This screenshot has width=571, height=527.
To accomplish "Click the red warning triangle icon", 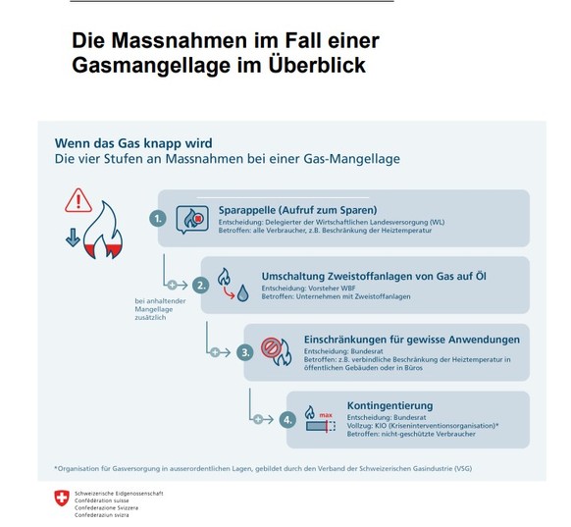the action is [x=78, y=200].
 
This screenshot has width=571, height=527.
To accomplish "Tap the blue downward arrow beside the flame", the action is [x=73, y=237].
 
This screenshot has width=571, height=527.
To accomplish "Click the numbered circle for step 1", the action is [x=158, y=219].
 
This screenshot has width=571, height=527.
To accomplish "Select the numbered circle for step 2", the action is [x=201, y=286].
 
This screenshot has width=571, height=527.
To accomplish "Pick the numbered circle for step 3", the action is [x=245, y=352].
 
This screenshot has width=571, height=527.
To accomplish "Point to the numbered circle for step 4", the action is [x=287, y=420].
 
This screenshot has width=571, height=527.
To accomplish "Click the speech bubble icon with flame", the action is [x=192, y=219].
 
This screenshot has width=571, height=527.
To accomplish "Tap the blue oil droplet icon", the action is [x=243, y=293].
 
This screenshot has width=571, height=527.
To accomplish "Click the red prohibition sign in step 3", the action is [x=271, y=347].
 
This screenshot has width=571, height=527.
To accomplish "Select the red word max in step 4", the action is [x=326, y=415].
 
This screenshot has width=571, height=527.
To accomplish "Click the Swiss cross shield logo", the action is [x=62, y=498].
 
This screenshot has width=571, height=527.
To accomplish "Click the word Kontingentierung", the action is [x=390, y=405].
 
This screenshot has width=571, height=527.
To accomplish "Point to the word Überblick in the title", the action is [x=317, y=66].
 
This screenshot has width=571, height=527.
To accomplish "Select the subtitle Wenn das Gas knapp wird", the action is [x=133, y=143].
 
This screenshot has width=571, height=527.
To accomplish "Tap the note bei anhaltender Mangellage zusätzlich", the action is [x=160, y=309].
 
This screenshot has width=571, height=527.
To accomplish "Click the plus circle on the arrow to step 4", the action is [x=258, y=420].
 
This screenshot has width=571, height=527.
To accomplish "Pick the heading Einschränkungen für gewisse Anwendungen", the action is [x=412, y=340].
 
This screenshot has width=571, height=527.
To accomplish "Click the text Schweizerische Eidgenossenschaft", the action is [x=119, y=494].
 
